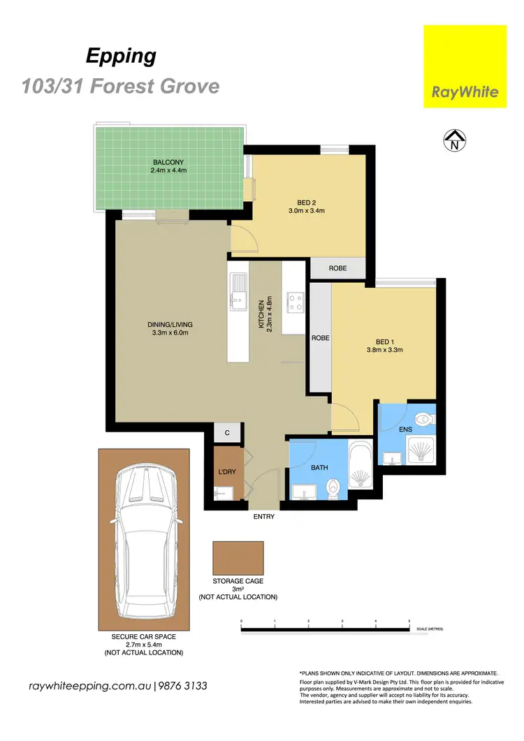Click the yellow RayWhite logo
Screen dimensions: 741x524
465,66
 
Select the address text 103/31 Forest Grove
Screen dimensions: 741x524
120,87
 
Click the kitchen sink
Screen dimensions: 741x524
239,291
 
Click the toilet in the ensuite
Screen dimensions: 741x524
423,419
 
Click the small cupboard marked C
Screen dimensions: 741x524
227,433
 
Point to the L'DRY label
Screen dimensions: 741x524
227,473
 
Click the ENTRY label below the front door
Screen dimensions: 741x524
264,517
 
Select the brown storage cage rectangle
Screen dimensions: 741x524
238,558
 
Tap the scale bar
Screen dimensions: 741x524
325,631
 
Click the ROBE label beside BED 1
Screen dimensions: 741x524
321,337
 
